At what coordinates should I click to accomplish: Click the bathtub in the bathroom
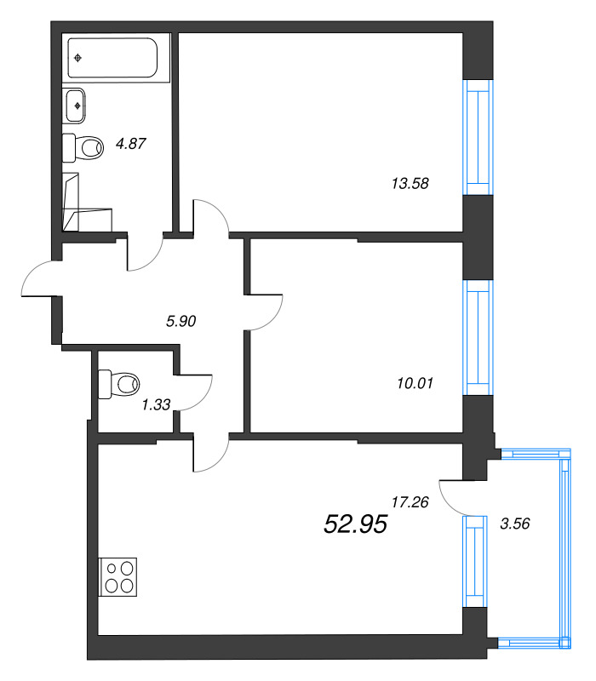point(112,58)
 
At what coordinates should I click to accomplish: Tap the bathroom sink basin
point(75,106)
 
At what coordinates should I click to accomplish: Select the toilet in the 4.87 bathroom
point(83,147)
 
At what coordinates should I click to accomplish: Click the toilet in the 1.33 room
point(118,385)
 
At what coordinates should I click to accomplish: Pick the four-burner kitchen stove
point(118,577)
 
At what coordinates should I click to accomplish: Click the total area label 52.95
point(355,524)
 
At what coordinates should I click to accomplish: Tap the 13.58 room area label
point(410,183)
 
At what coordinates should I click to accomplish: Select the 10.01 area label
point(415,383)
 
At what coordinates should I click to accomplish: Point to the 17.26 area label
point(410,502)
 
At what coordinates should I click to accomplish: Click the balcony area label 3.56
point(515,524)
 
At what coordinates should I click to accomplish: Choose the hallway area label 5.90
point(181,321)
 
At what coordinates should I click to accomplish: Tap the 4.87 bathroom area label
point(131,143)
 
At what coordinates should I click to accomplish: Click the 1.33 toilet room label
point(156,404)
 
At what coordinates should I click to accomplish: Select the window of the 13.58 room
point(478,137)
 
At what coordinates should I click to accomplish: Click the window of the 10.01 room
point(478,337)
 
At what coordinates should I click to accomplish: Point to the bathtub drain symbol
point(77,58)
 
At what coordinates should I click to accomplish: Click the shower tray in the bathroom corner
point(87,203)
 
